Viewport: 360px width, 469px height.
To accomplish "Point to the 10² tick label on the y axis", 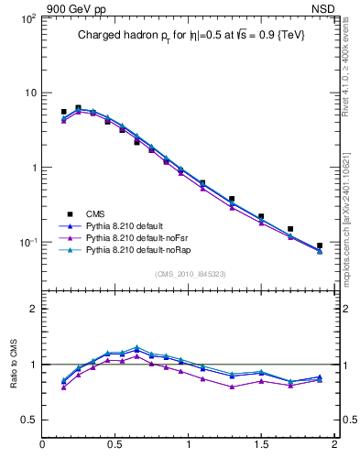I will point(27,18).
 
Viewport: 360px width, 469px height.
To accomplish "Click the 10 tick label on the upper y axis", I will point(29,93).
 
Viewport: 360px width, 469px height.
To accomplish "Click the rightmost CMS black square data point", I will point(320,246).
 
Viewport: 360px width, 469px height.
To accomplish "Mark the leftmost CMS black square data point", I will point(63,112).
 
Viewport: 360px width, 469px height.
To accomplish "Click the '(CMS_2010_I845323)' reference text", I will point(189,273).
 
